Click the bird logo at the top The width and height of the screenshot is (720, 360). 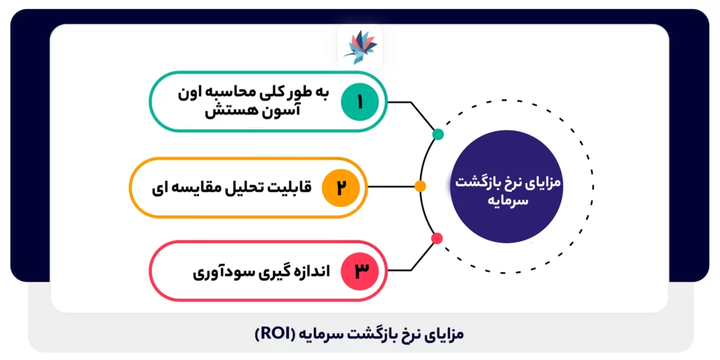[360, 46]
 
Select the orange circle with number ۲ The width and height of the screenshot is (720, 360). [341, 188]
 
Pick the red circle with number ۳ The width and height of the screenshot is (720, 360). [360, 271]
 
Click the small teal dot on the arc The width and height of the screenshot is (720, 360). [438, 134]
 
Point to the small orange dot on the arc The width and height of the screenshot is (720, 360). [420, 187]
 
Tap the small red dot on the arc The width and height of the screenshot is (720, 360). [437, 238]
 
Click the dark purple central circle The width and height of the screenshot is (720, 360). [506, 188]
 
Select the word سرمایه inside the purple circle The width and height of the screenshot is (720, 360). [506, 200]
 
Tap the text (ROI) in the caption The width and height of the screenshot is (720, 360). [277, 334]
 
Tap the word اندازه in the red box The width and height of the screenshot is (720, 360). [309, 271]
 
